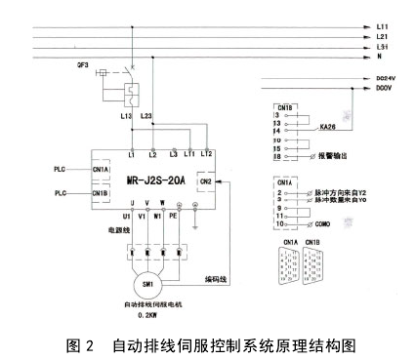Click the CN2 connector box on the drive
(206, 180)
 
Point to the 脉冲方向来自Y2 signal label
(331, 194)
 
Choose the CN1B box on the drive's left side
(99, 193)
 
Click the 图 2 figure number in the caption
(80, 345)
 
